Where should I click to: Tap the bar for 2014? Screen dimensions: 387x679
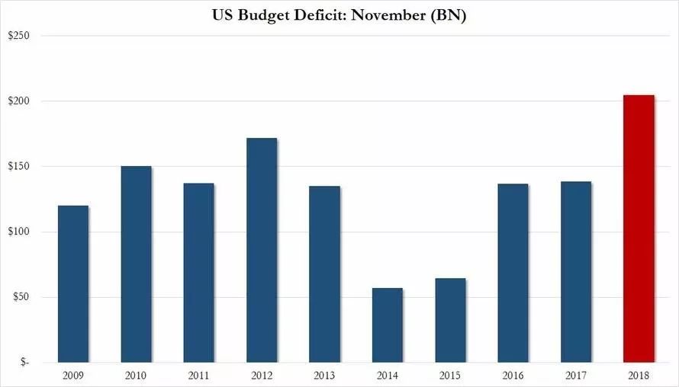point(387,325)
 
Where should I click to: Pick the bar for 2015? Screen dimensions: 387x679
point(450,320)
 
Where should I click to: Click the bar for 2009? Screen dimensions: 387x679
point(73,283)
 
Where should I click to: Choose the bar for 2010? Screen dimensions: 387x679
point(136,264)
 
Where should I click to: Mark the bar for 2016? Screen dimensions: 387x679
point(513,273)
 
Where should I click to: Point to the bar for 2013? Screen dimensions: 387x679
point(324,273)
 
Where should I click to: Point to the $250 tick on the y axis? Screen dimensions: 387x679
point(18,36)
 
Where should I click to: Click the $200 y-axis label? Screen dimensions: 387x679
point(18,101)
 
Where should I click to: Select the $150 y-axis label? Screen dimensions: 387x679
point(18,167)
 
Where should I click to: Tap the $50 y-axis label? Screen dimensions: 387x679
point(21,297)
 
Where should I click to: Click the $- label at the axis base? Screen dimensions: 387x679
point(24,363)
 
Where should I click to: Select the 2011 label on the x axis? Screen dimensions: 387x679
point(198,375)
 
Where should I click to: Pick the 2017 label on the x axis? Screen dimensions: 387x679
point(575,375)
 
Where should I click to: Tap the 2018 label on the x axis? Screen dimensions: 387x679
point(639,375)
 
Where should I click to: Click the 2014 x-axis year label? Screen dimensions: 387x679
point(387,375)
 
